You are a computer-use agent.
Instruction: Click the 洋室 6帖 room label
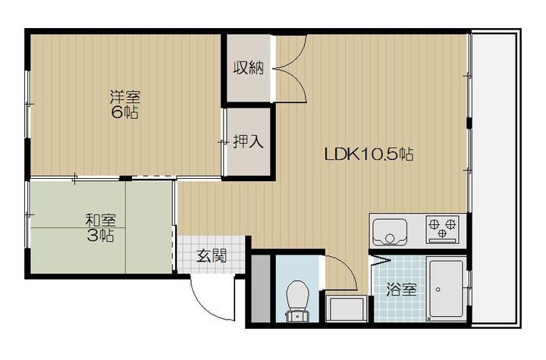click(124, 105)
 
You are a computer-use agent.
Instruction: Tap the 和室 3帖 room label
click(100, 228)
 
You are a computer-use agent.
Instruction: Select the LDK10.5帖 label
click(369, 154)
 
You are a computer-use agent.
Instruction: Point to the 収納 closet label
click(249, 67)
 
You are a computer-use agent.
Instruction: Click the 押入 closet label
click(248, 142)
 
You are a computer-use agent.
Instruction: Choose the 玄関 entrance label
click(212, 256)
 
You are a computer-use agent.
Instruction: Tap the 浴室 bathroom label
click(401, 289)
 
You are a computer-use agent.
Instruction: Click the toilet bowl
click(297, 296)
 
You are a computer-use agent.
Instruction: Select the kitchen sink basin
click(390, 232)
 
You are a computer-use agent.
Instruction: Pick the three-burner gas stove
click(442, 229)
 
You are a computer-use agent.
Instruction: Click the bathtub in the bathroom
click(446, 290)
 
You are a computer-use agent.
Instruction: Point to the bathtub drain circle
click(438, 290)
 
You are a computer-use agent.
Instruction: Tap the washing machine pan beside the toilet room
click(347, 308)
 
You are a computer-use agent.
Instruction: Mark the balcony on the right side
click(494, 178)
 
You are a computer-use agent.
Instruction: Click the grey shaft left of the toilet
click(261, 289)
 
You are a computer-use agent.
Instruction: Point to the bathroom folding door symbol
click(380, 261)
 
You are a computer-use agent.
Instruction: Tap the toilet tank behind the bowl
click(297, 316)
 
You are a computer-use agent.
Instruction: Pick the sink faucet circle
click(391, 239)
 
